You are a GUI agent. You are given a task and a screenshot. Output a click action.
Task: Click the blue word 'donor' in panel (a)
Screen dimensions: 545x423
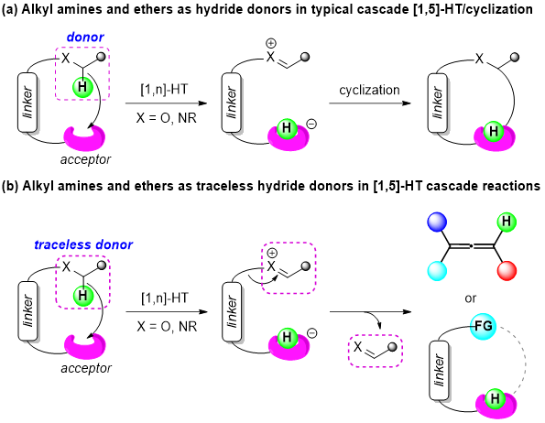(85, 38)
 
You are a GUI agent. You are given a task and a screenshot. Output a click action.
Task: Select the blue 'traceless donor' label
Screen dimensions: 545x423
(83, 244)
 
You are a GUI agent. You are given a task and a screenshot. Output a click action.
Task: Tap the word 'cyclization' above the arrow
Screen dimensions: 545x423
(369, 91)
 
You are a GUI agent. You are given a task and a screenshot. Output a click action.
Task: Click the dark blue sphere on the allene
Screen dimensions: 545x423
(437, 222)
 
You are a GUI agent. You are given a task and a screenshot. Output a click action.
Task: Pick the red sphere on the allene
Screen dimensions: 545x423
(507, 270)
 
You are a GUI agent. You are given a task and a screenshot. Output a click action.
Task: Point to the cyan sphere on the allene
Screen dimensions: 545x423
(437, 270)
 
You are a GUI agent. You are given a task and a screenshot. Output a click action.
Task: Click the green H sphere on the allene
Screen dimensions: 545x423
(507, 222)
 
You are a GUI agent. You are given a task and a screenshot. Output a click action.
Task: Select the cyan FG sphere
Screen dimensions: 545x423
(483, 326)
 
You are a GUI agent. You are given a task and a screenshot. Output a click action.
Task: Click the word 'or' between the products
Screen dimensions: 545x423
(470, 298)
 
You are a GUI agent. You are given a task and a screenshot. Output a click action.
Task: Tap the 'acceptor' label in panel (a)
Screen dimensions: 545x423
(85, 159)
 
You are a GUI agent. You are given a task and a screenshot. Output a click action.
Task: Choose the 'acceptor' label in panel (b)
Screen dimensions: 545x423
(86, 368)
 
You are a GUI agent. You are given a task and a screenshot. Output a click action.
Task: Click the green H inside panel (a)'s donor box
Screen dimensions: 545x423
(82, 87)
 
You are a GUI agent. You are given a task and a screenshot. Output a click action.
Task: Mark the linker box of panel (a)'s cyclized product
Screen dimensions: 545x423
(437, 103)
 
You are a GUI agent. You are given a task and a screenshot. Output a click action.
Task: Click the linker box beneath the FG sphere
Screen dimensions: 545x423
(440, 371)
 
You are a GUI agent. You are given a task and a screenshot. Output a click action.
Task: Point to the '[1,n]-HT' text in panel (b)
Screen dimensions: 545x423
(164, 298)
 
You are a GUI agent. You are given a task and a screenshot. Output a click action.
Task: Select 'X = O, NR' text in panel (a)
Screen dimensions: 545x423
(167, 118)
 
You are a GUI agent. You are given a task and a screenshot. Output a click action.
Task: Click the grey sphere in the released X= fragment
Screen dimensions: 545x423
(392, 347)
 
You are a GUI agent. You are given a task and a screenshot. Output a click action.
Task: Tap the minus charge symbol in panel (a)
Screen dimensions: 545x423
(311, 124)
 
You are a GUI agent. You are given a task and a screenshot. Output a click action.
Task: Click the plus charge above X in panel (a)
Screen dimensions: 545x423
(271, 43)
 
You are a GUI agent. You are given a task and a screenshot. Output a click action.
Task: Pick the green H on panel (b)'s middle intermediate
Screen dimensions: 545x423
(287, 337)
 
